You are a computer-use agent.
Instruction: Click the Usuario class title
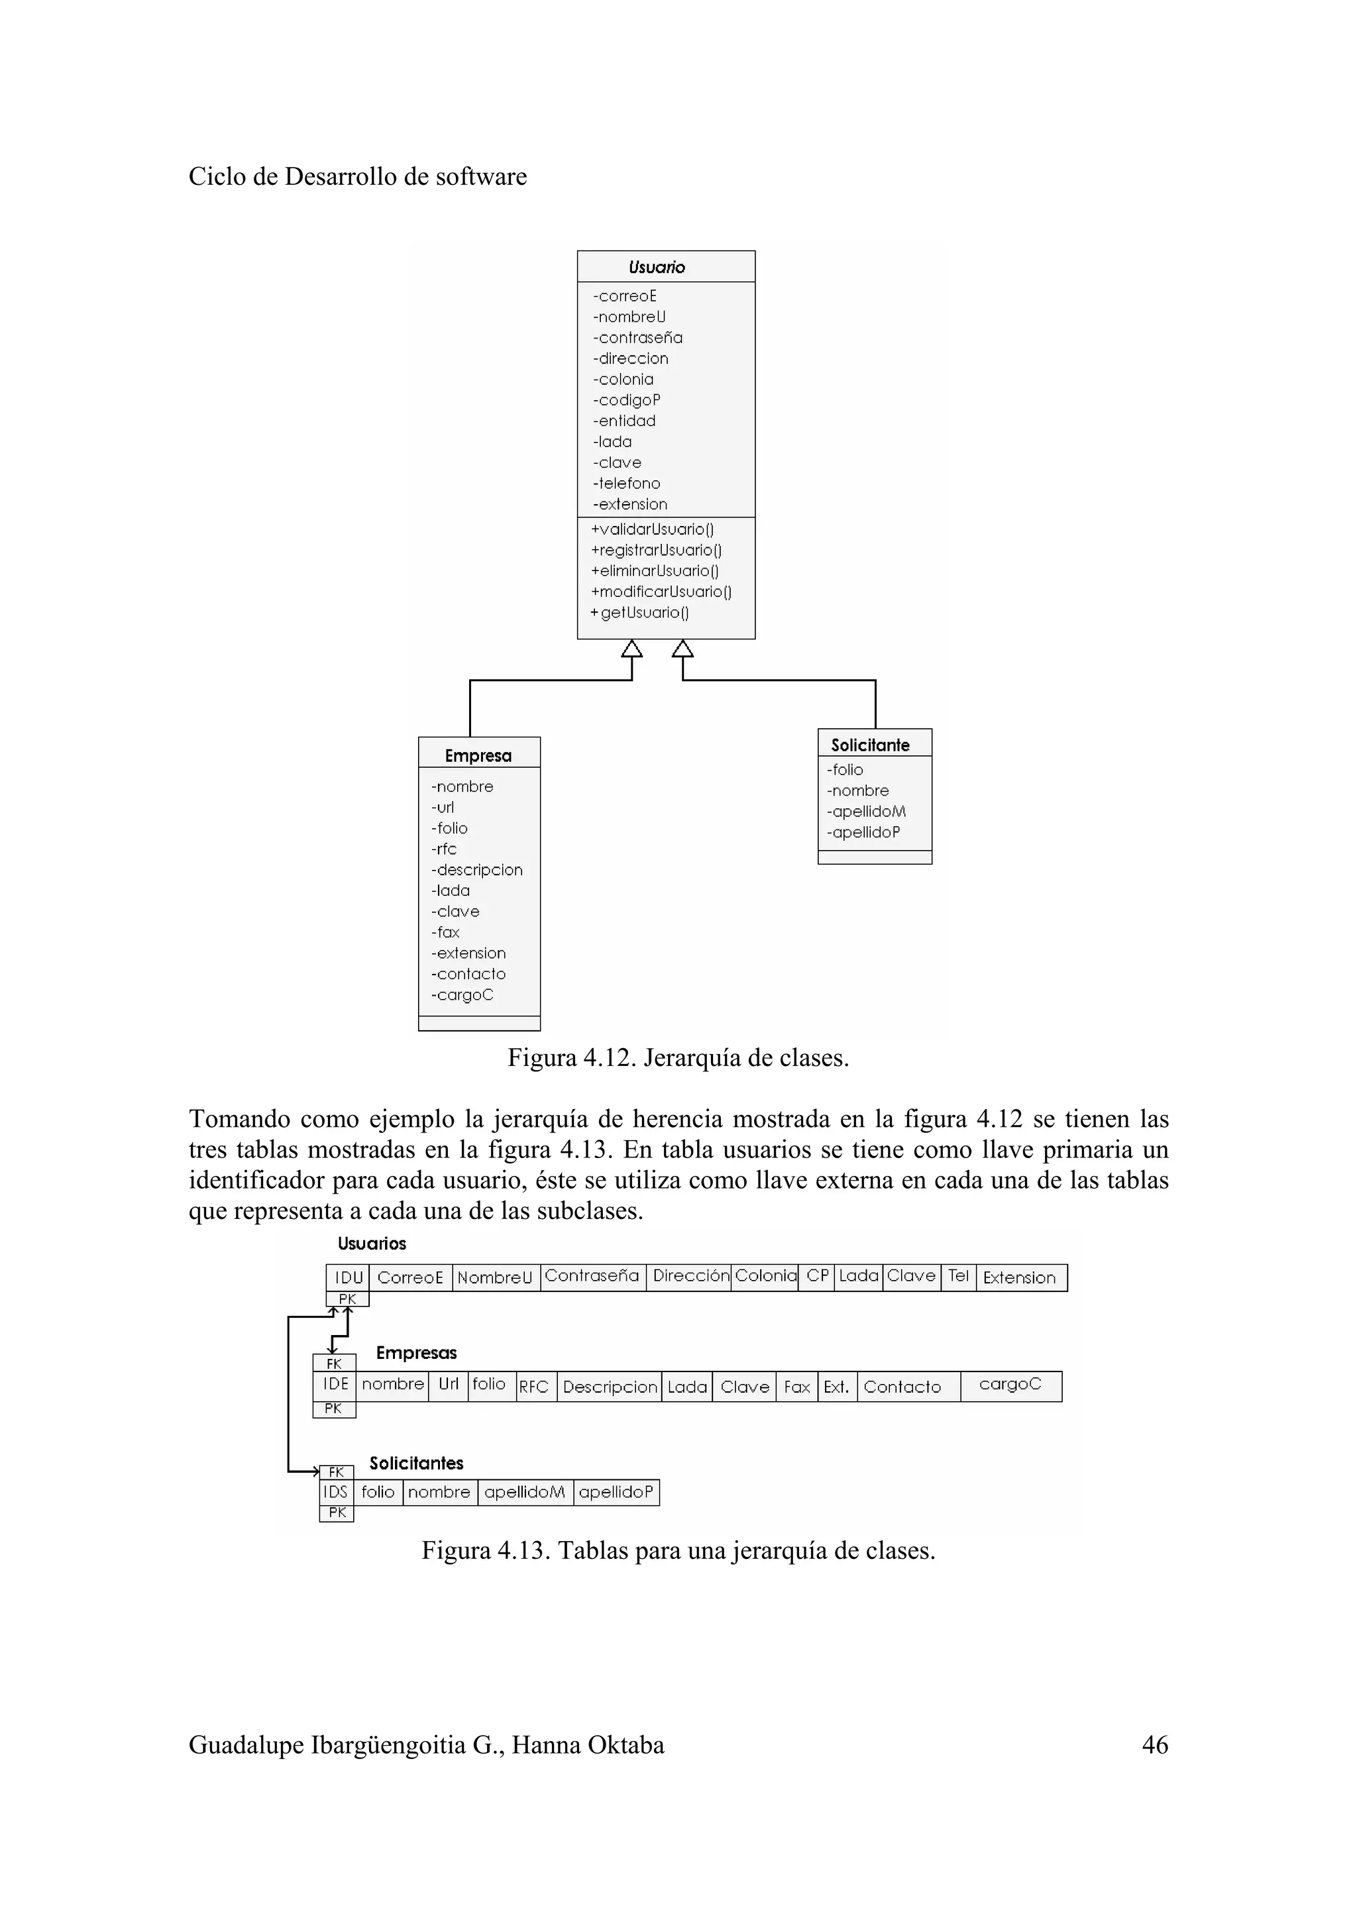[x=657, y=268]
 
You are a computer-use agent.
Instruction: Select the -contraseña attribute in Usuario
[x=638, y=338]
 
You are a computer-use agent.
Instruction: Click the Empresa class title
[x=478, y=756]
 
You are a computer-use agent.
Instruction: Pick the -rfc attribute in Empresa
[x=445, y=849]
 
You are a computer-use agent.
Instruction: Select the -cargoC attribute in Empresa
[x=462, y=995]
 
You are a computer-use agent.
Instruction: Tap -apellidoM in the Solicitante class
[x=866, y=811]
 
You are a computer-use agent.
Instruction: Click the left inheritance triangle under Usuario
[x=632, y=649]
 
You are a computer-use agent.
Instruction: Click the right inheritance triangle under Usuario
[x=683, y=649]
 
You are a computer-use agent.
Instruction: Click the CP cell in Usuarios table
[x=817, y=1276]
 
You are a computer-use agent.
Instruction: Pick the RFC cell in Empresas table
[x=533, y=1387]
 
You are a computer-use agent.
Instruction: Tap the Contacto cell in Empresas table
[x=902, y=1387]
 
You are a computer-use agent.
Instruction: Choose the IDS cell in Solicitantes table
[x=335, y=1492]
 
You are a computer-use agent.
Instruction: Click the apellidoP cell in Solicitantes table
[x=616, y=1492]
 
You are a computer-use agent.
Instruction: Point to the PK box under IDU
[x=347, y=1299]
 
